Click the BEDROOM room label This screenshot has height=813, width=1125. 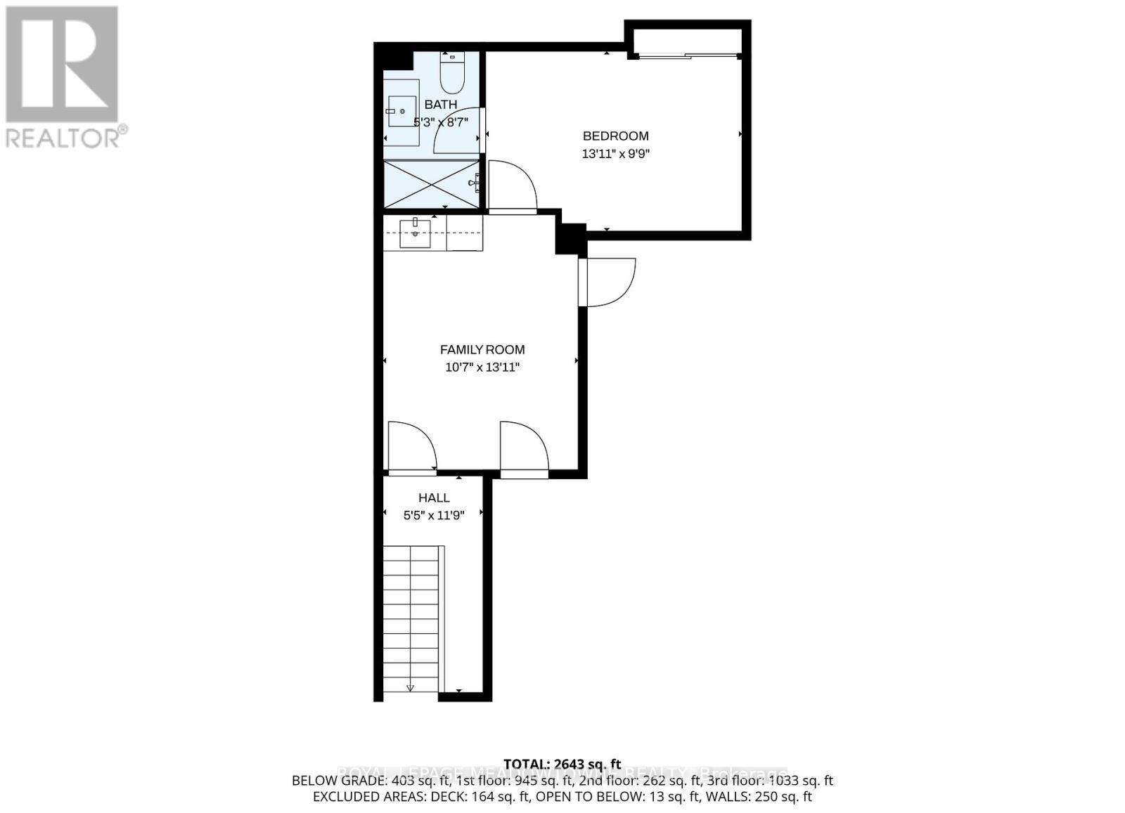coord(615,136)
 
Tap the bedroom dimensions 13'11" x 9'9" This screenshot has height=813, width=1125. coord(615,154)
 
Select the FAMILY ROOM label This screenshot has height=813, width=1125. coord(482,350)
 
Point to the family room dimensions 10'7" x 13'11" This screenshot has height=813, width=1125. coord(482,368)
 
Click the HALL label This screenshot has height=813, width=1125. coord(434,498)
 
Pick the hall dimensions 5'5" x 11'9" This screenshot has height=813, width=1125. coord(434,516)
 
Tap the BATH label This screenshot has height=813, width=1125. coord(441,105)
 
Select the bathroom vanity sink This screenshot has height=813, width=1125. coord(401,112)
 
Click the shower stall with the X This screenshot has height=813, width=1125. coord(431,184)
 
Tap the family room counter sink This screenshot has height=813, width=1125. coord(415,233)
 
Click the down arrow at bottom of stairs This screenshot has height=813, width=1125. coord(411,688)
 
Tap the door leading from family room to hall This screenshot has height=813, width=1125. coord(411,448)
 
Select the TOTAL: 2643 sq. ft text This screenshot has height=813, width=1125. coord(562,764)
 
